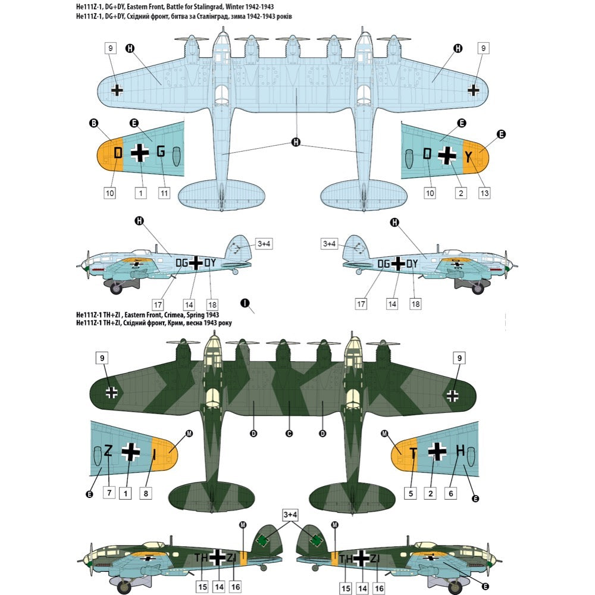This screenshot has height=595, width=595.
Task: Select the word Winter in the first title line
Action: [x=236, y=7]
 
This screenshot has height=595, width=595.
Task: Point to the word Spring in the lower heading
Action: [x=195, y=315]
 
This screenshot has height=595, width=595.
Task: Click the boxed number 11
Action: [x=164, y=193]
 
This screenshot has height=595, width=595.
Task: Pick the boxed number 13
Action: [x=484, y=193]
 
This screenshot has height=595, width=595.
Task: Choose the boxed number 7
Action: [x=109, y=493]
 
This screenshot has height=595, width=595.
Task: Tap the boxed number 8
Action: [x=146, y=494]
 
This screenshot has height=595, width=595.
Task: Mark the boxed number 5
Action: [x=411, y=494]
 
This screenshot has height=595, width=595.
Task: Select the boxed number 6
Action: [x=451, y=494]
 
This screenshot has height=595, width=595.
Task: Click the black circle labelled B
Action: [x=93, y=123]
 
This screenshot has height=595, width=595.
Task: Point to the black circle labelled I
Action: [x=245, y=303]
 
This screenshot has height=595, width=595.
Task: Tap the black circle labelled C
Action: [x=289, y=433]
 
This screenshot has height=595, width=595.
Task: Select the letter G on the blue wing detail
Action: [x=161, y=151]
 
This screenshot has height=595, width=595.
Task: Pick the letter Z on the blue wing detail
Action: [x=108, y=450]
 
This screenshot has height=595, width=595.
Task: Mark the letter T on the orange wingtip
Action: [x=414, y=453]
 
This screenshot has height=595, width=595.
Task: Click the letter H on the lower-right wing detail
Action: [x=461, y=450]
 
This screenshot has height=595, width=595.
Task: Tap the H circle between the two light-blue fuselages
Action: [x=296, y=142]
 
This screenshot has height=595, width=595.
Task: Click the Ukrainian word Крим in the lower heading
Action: [x=176, y=323]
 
